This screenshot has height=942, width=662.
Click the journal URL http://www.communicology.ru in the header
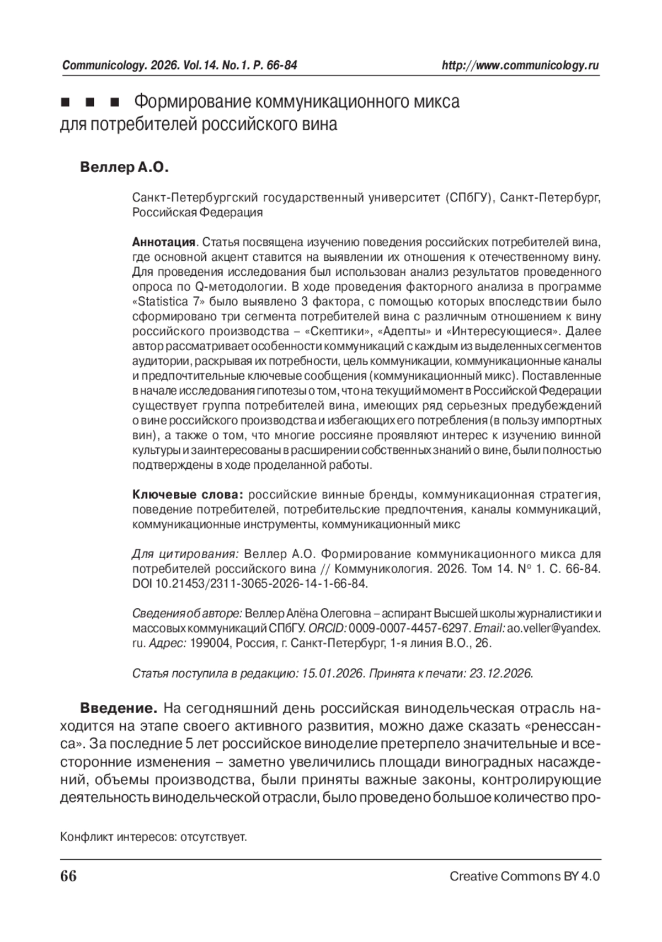click(520, 66)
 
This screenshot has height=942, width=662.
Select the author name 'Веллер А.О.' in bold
click(124, 167)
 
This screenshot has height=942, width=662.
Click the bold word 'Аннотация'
click(164, 242)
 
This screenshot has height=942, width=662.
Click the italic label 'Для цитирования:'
click(185, 554)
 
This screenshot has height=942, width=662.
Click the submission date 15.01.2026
click(333, 673)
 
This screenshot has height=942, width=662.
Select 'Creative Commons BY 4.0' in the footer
click(524, 877)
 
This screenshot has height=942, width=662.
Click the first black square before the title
click(65, 103)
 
